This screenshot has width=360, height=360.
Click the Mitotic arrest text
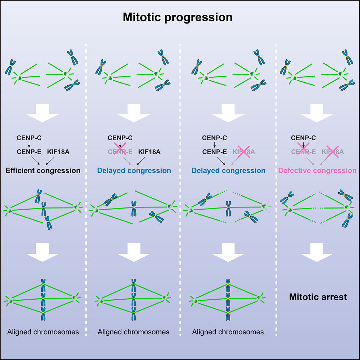(x=318, y=297)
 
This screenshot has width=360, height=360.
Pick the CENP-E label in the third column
(x=214, y=152)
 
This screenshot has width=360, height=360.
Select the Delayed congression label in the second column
(x=134, y=170)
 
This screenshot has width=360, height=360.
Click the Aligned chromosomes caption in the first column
(x=43, y=332)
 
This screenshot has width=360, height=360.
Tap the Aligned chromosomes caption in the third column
(x=228, y=332)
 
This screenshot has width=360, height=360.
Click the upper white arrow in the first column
(x=43, y=115)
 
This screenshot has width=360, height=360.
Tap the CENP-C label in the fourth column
(x=303, y=137)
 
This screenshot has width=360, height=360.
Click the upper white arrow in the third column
(x=228, y=115)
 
